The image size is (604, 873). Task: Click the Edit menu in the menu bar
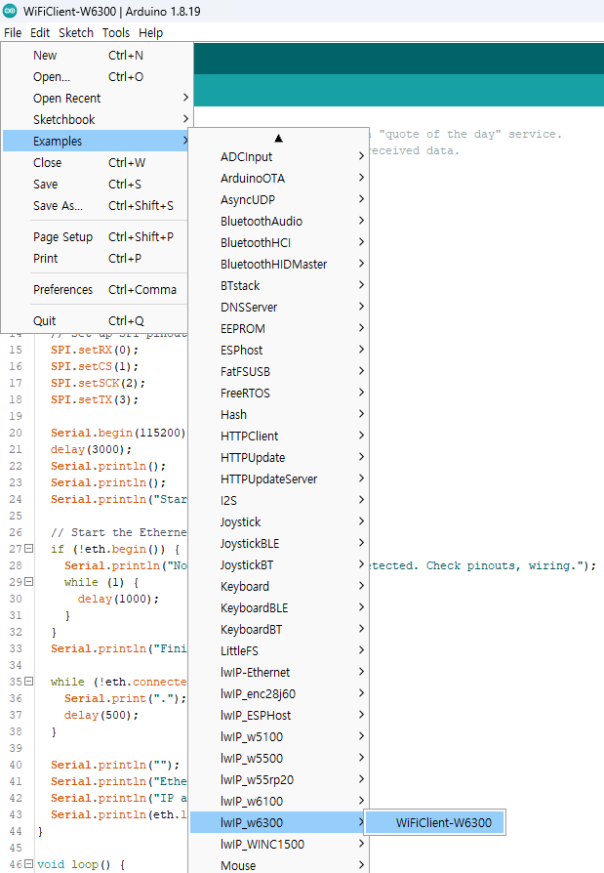[x=40, y=33]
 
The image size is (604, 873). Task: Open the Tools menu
[x=116, y=33]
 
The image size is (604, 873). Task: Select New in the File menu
[x=45, y=55]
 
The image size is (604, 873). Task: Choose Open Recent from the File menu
[x=66, y=98]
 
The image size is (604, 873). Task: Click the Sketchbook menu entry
[x=64, y=120]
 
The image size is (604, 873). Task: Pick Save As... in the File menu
[x=58, y=205]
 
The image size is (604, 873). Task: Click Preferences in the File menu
[x=62, y=289]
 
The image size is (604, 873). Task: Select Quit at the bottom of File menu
[x=45, y=320]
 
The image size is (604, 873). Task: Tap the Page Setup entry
[x=62, y=236]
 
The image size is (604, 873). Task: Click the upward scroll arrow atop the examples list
[x=279, y=138]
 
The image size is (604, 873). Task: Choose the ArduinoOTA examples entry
[x=253, y=178]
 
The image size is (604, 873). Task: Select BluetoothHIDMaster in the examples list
[x=273, y=264]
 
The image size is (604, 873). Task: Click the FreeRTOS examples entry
[x=245, y=394]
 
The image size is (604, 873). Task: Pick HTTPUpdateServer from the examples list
[x=268, y=478]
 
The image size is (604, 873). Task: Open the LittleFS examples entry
[x=239, y=651]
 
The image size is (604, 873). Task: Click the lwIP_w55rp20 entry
[x=257, y=779]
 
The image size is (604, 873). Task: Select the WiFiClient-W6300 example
[x=444, y=822]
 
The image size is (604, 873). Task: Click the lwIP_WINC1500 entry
[x=262, y=844]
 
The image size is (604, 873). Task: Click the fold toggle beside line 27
[x=29, y=549]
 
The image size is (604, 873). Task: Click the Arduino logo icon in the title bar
[x=10, y=11]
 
